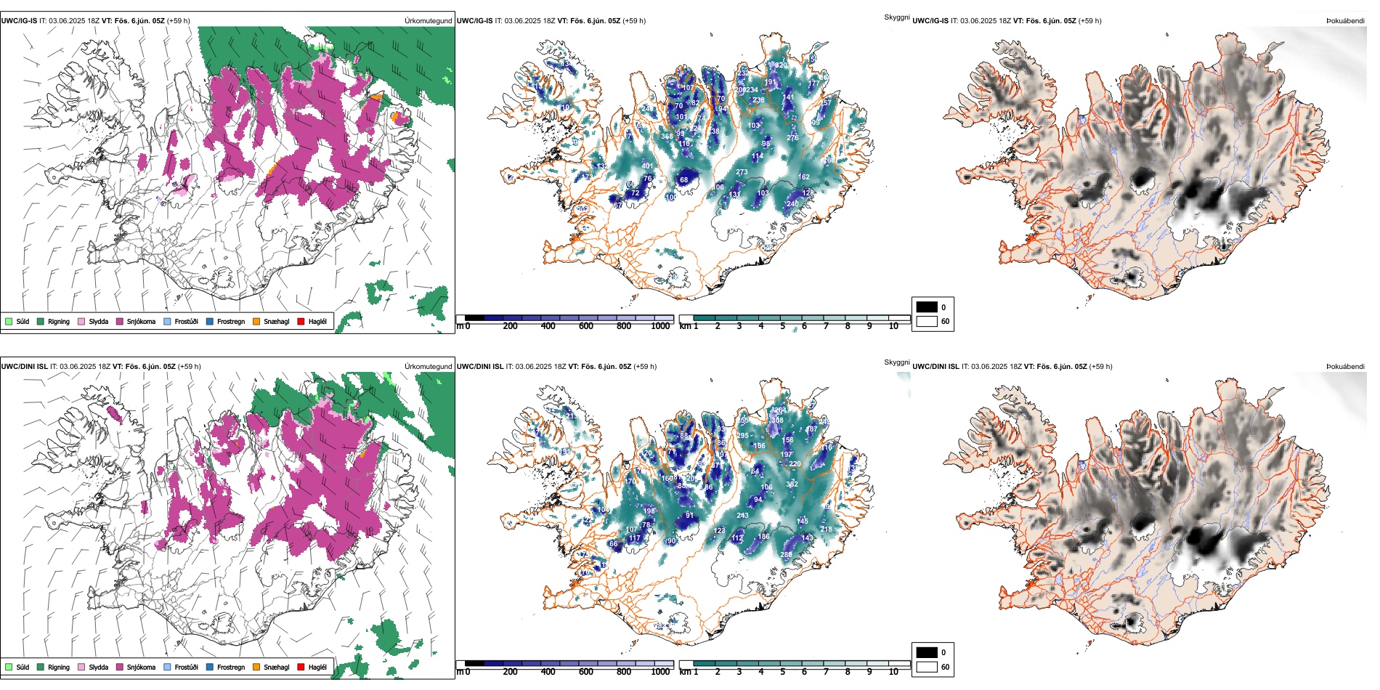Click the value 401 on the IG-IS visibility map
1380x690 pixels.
[647, 166]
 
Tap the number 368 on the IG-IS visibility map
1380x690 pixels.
[667, 137]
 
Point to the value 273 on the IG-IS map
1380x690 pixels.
[742, 172]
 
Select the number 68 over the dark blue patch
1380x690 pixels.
[683, 179]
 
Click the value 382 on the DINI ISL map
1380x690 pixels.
[792, 484]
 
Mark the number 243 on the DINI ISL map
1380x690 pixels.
[742, 516]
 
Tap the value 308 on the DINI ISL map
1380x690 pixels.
[777, 421]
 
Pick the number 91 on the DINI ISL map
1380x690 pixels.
[689, 516]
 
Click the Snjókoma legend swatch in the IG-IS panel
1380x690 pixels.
[120, 321]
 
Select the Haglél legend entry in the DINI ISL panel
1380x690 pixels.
[301, 667]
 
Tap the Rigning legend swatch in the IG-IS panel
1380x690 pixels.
[41, 321]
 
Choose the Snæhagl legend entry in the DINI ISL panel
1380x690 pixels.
[256, 667]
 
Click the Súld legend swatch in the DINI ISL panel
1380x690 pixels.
[9, 667]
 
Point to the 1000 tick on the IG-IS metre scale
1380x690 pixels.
[660, 326]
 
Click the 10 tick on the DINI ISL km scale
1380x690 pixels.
[893, 672]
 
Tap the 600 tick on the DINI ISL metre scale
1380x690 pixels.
[586, 672]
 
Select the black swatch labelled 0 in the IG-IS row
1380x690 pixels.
[927, 307]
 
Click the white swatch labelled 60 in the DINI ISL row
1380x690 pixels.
[927, 667]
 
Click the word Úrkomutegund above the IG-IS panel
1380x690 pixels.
[429, 21]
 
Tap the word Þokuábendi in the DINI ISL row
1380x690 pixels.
[1345, 367]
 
